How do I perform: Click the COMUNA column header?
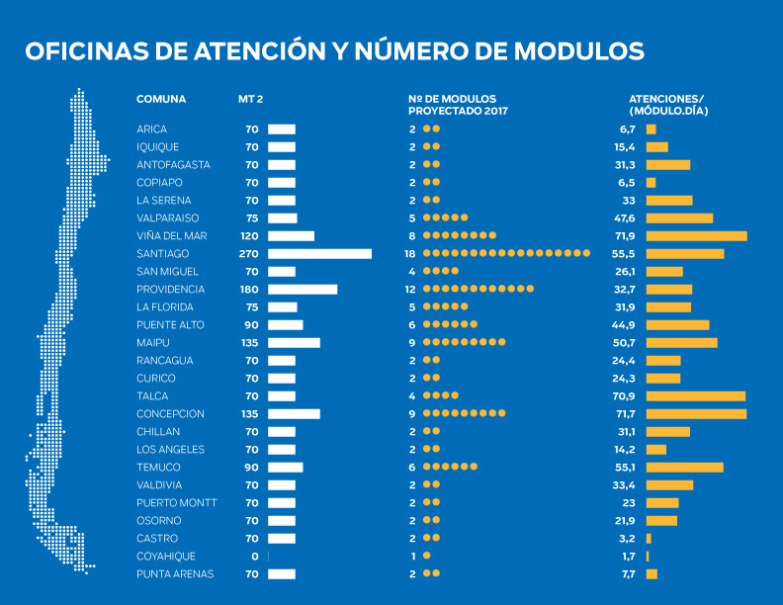161,99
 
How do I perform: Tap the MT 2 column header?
250,99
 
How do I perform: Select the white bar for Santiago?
319,254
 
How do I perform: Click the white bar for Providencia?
303,290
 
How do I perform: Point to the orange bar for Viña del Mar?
696,236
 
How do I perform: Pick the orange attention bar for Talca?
695,396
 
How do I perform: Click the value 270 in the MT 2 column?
248,254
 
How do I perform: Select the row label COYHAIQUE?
166,557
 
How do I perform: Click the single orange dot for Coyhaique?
426,557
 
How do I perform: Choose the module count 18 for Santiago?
410,254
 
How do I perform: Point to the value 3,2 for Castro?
627,539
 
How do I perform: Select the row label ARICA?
152,130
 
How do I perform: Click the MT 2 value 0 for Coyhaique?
254,557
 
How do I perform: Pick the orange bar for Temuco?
684,468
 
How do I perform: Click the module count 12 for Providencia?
410,290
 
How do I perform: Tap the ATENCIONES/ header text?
666,99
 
